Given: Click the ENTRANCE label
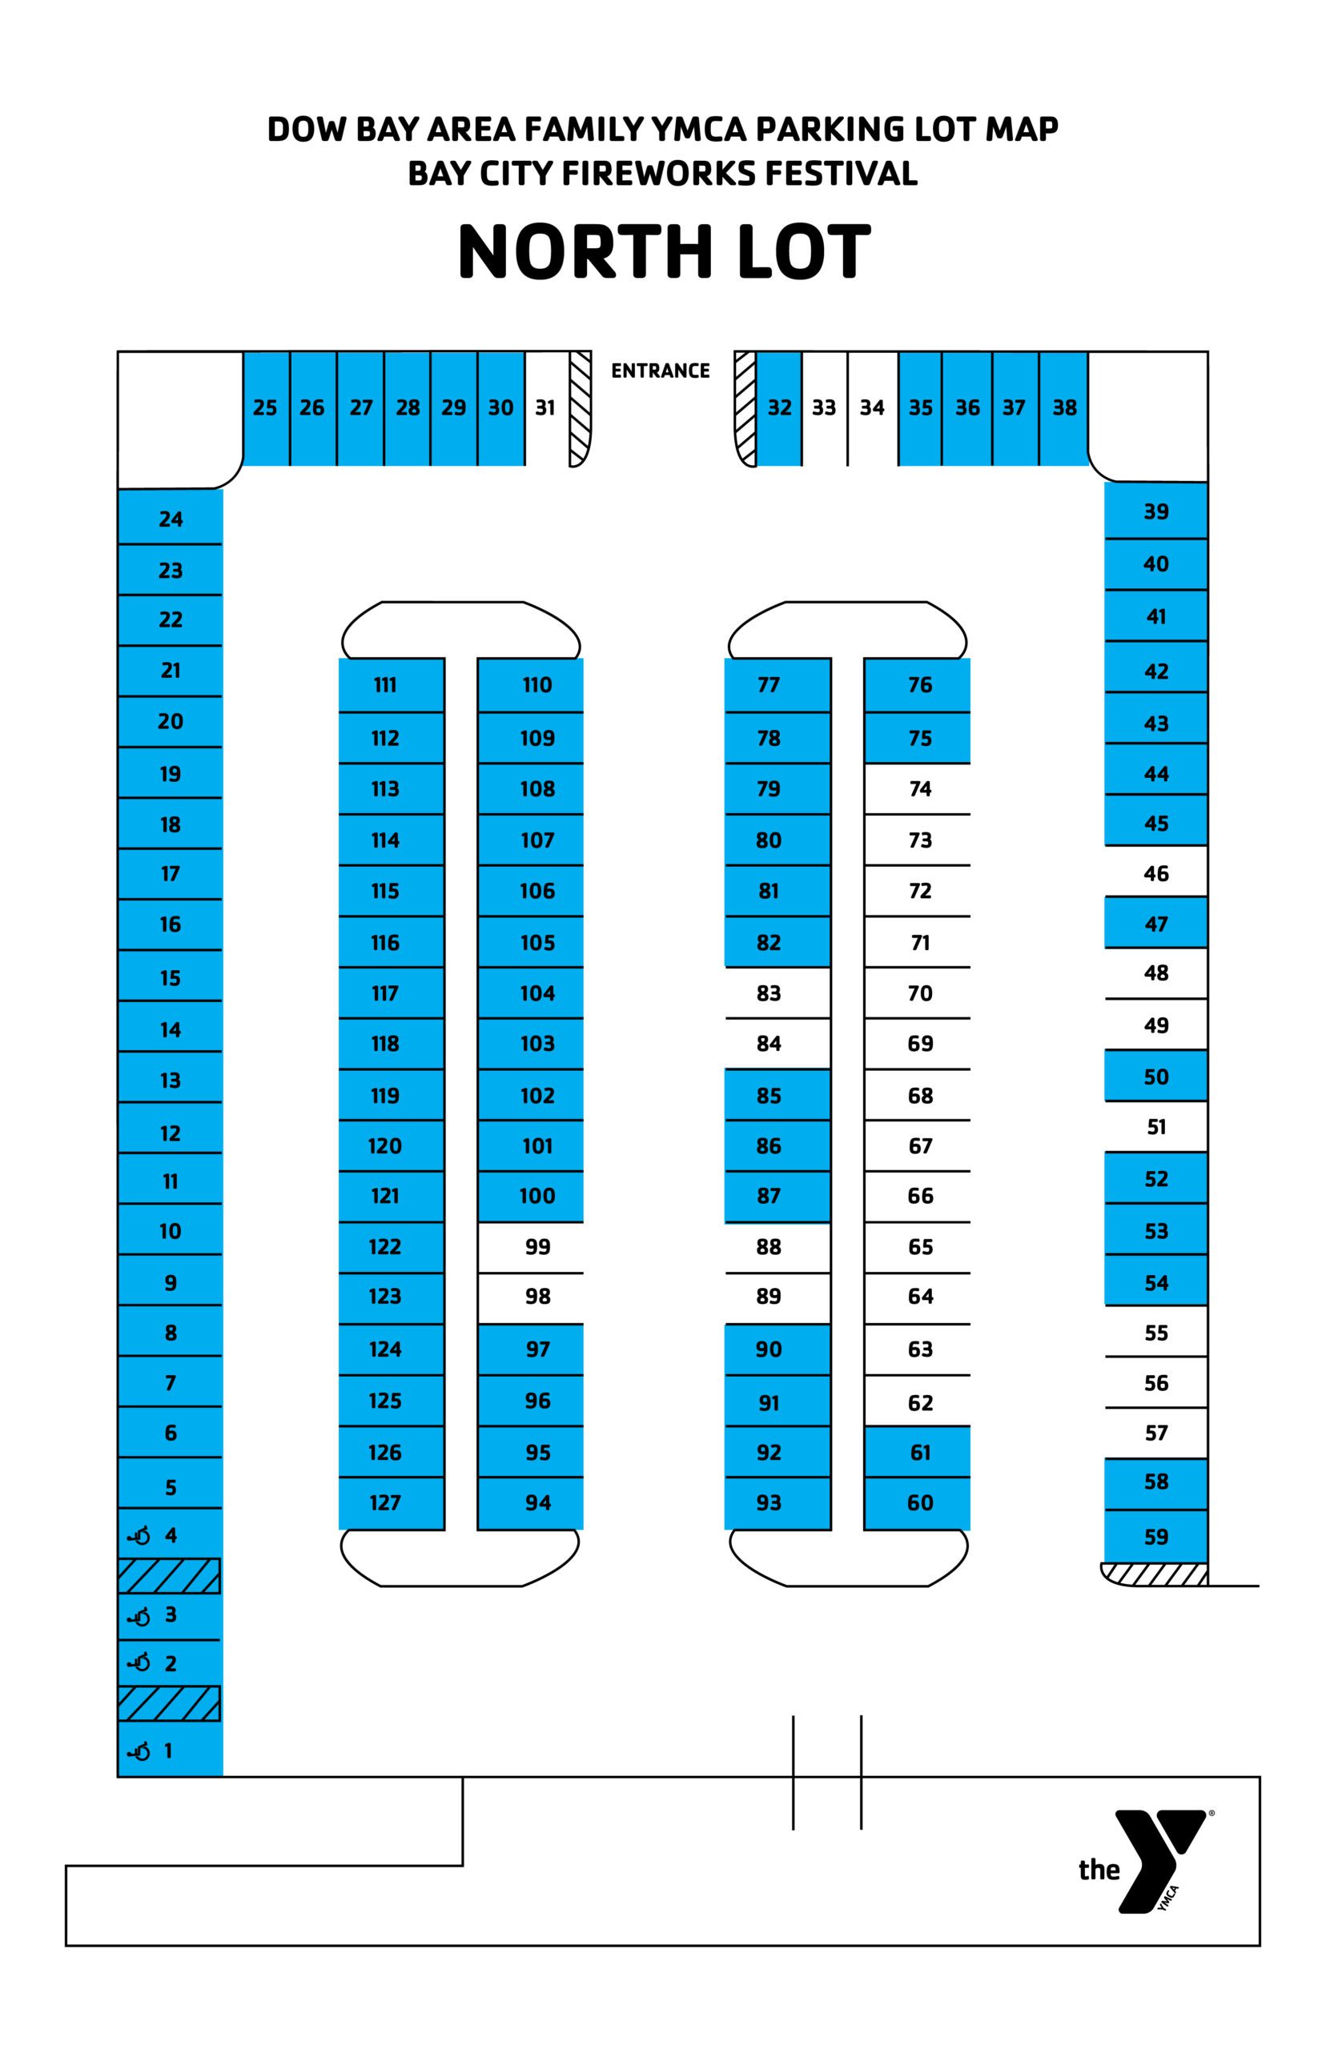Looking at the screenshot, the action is pos(661,371).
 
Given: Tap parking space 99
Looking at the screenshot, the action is pos(530,1247).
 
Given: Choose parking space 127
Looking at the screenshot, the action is pos(392,1503).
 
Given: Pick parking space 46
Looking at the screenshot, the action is pos(1155,872).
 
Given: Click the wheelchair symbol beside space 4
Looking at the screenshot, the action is pos(139,1536).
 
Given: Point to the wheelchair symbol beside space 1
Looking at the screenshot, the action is pos(139,1751).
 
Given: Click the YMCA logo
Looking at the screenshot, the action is pos(1146,1862).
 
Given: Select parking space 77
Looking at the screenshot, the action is pos(778,685).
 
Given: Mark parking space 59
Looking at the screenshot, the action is pos(1155,1536).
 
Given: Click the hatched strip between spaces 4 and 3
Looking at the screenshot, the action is pos(169,1576).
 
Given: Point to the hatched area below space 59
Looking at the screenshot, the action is pos(1155,1574).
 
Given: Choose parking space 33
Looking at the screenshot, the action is pos(825,408).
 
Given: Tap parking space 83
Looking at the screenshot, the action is pos(778,993).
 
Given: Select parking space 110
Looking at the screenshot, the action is pos(530,685).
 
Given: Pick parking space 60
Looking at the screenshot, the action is pos(917,1503).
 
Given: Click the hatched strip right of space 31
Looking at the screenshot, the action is pos(581,409).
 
